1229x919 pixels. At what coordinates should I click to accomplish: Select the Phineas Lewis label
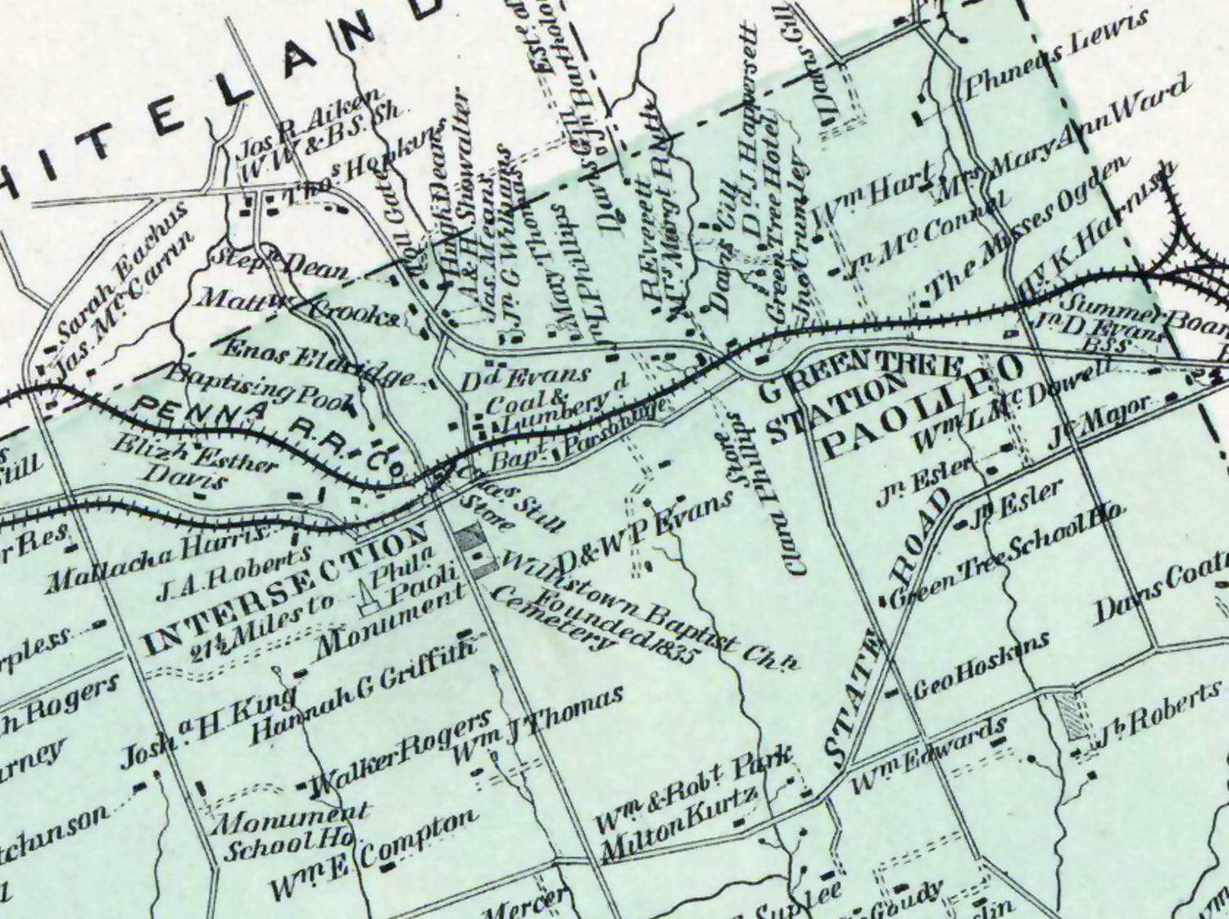pos(1057,57)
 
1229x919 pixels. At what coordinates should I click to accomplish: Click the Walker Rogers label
pos(397,758)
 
